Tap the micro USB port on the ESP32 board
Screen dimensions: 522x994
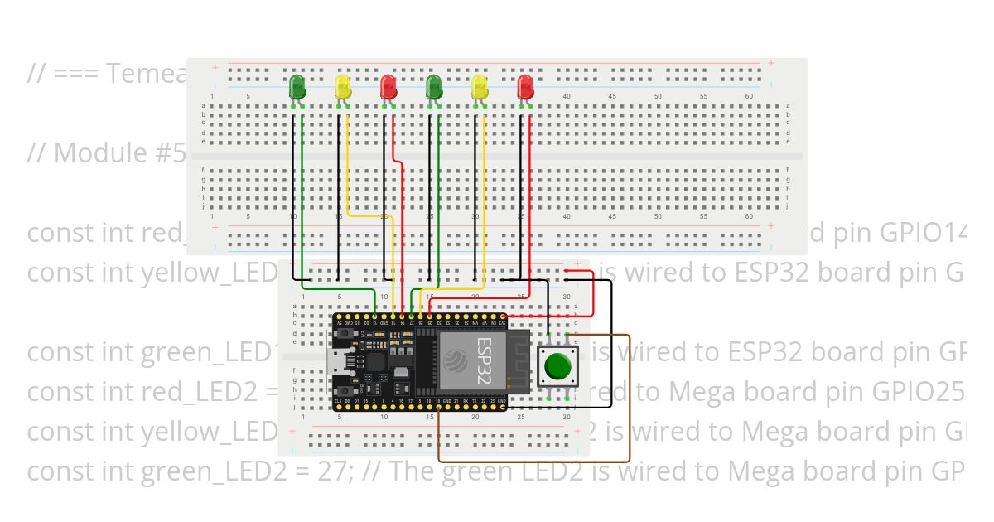(x=342, y=361)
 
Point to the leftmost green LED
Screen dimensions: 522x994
(x=297, y=87)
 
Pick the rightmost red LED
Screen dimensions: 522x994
(x=524, y=87)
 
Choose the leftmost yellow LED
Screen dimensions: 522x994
(x=343, y=87)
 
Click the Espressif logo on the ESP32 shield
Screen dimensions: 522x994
(x=454, y=360)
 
